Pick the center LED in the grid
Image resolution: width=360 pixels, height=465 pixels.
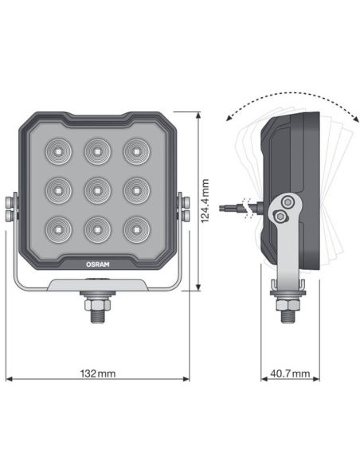[x=96, y=189]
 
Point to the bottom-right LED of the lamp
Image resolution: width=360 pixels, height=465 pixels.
[x=134, y=229]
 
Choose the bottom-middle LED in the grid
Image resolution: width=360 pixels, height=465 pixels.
[x=96, y=229]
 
